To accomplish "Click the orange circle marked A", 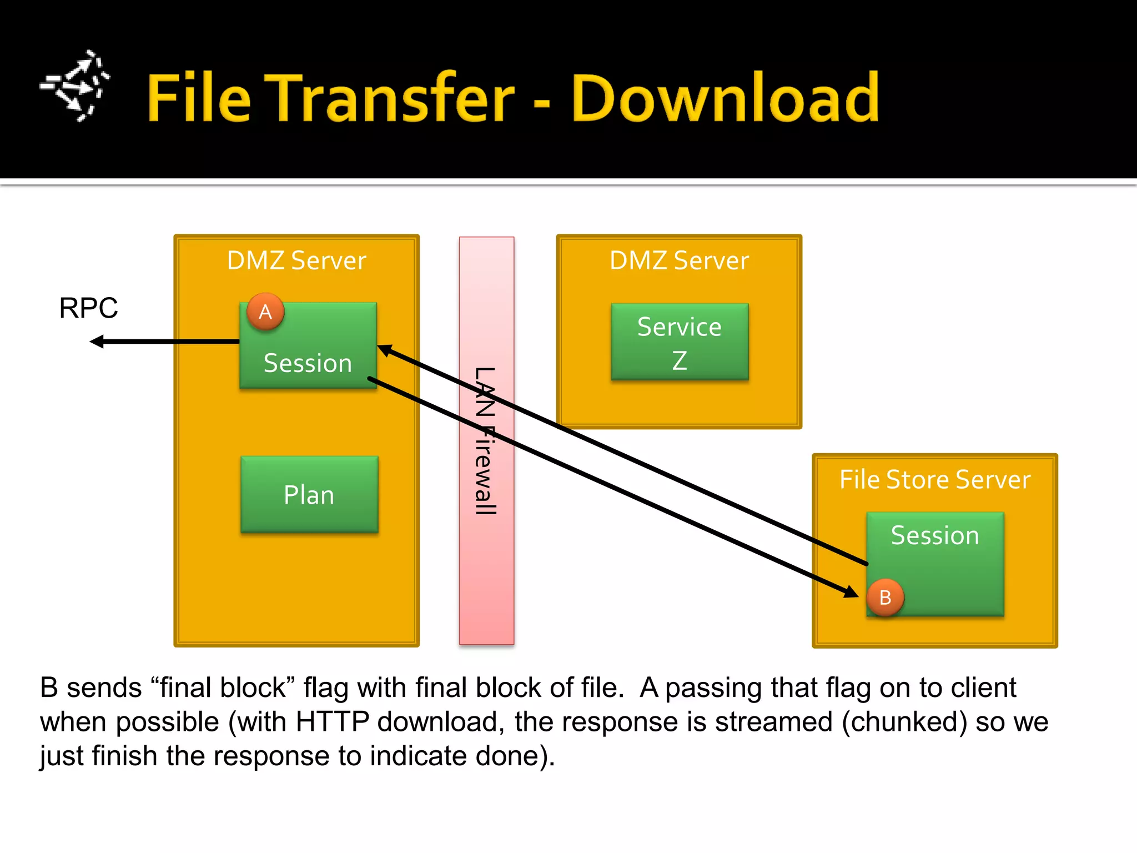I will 265,312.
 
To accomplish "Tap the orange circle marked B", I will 885,598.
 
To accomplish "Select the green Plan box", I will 309,494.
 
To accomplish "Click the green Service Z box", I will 680,342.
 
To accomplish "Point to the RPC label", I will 88,308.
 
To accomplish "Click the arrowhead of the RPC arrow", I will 97,342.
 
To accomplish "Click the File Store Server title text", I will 934,479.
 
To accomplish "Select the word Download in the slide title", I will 725,98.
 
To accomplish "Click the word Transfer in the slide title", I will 389,98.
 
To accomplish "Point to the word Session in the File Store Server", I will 934,535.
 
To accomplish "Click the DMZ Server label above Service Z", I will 679,260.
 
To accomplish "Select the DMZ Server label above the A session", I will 296,260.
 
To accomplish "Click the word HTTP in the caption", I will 332,722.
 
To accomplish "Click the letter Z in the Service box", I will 680,360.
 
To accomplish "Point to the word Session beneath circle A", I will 308,363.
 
